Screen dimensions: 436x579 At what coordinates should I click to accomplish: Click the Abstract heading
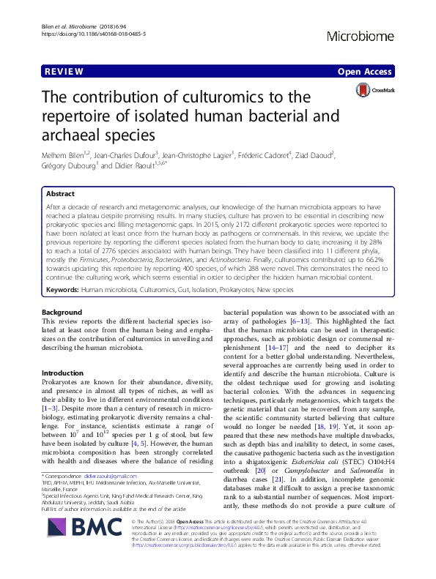[x=60, y=194]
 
